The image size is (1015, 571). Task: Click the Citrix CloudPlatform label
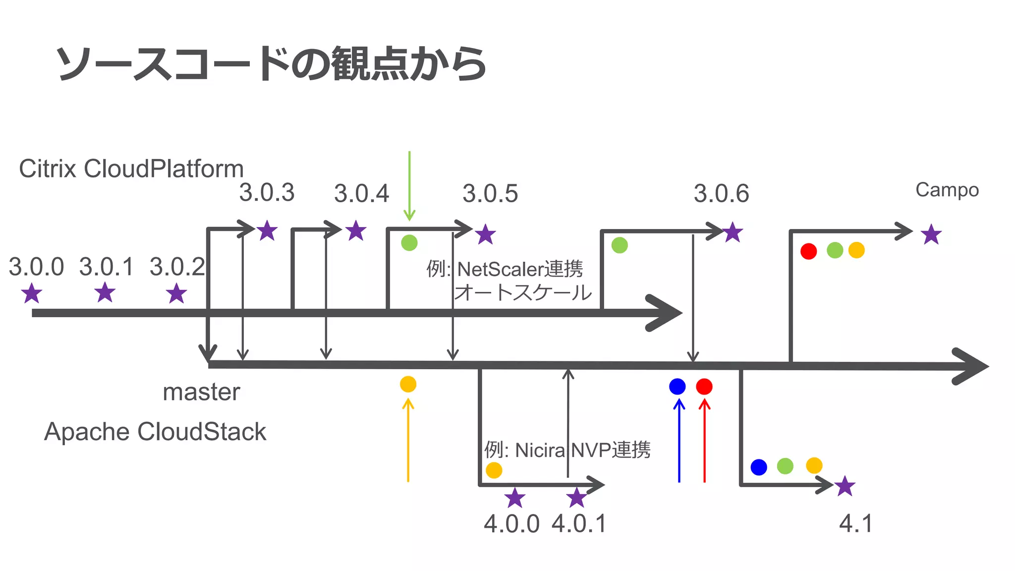(131, 169)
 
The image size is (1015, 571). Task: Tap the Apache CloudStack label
(155, 432)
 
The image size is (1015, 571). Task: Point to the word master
(201, 392)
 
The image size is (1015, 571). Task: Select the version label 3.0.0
(36, 267)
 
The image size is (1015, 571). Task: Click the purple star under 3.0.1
(105, 292)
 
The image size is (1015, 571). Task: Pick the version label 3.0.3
(267, 193)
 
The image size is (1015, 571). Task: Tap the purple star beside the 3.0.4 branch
(356, 231)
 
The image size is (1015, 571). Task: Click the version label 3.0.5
(490, 193)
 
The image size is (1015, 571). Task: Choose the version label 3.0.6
(721, 193)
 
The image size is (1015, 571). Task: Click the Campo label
(947, 190)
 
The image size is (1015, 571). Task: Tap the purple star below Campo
(931, 234)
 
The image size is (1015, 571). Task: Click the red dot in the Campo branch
(808, 251)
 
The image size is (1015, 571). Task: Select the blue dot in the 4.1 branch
(759, 467)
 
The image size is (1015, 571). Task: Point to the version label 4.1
(856, 523)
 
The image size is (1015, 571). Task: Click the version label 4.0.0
(511, 524)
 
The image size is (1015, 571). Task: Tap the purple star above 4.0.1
(577, 498)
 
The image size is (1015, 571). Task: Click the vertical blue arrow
(679, 441)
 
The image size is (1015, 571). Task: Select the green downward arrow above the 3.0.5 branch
(409, 186)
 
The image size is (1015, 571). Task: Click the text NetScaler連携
(519, 269)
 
